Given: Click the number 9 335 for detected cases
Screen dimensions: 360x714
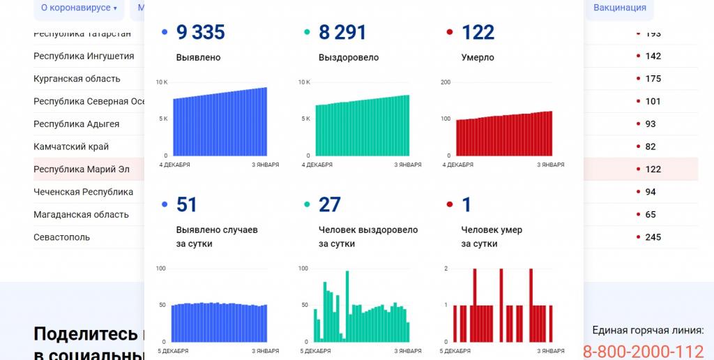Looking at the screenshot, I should click(x=201, y=32).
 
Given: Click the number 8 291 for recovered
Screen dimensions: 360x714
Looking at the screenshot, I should click(x=342, y=32).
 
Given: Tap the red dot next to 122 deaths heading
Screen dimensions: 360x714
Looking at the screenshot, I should click(x=449, y=32).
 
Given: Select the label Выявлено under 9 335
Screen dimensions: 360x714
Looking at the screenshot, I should click(x=198, y=58).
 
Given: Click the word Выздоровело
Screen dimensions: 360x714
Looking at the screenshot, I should click(x=349, y=58).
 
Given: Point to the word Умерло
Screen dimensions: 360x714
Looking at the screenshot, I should click(x=478, y=58).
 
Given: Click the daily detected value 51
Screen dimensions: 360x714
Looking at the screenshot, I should click(x=187, y=204).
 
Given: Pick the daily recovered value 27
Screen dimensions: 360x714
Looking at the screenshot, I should click(x=330, y=204).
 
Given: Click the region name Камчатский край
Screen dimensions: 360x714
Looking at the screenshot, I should click(x=71, y=147).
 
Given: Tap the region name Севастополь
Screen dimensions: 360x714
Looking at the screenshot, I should click(x=61, y=237).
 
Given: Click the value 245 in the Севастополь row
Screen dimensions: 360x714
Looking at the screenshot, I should click(x=653, y=237).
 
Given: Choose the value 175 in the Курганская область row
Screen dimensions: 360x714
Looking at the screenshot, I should click(x=653, y=79).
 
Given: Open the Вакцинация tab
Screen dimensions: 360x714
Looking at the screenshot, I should click(x=620, y=8).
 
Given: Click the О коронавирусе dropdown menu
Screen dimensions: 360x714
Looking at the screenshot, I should click(x=78, y=8).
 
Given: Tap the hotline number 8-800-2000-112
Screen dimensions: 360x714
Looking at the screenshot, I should click(x=643, y=352).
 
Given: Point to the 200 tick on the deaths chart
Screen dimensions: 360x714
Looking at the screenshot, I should click(x=446, y=82).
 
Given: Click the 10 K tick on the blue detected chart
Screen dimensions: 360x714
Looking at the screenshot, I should click(x=162, y=82).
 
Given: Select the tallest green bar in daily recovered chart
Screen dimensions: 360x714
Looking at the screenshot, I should click(x=348, y=305).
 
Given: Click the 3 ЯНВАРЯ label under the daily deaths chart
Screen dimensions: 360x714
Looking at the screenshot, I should click(x=551, y=351).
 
